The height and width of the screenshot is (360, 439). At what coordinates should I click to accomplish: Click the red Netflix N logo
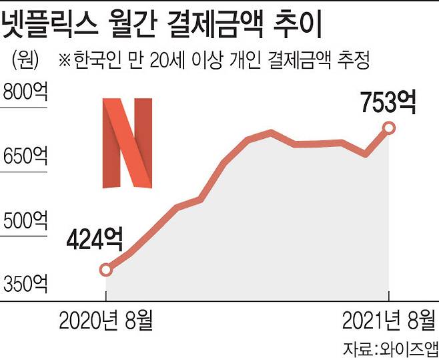(127, 143)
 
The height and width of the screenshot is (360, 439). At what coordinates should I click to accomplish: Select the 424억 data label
(95, 237)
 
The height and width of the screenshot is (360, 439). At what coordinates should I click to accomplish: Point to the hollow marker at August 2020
(106, 270)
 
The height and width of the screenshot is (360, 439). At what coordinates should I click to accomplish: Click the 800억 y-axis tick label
(26, 92)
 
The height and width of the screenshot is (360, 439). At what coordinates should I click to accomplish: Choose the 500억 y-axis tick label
(26, 220)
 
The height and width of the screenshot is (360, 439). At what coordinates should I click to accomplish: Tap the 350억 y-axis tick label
(26, 285)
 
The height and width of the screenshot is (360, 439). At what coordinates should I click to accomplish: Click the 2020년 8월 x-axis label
(106, 322)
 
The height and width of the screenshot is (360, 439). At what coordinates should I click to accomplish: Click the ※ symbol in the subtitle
(65, 61)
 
